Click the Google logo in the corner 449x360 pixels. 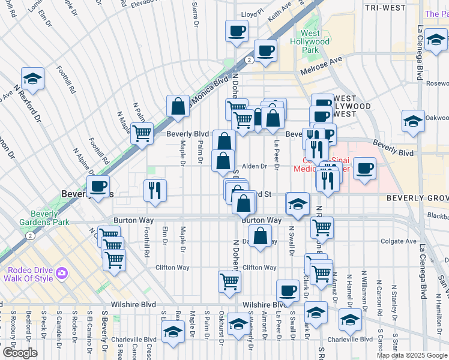[19, 352]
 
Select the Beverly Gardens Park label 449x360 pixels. [44, 218]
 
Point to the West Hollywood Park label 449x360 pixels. [310, 42]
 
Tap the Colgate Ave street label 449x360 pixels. [398, 241]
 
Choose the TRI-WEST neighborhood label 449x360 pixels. [385, 7]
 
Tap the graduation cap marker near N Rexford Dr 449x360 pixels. [32, 78]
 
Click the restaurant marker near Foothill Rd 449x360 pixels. [155, 190]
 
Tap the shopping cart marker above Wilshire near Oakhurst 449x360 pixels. [229, 281]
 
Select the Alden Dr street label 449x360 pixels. [254, 167]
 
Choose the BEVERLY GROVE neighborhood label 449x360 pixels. [417, 197]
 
